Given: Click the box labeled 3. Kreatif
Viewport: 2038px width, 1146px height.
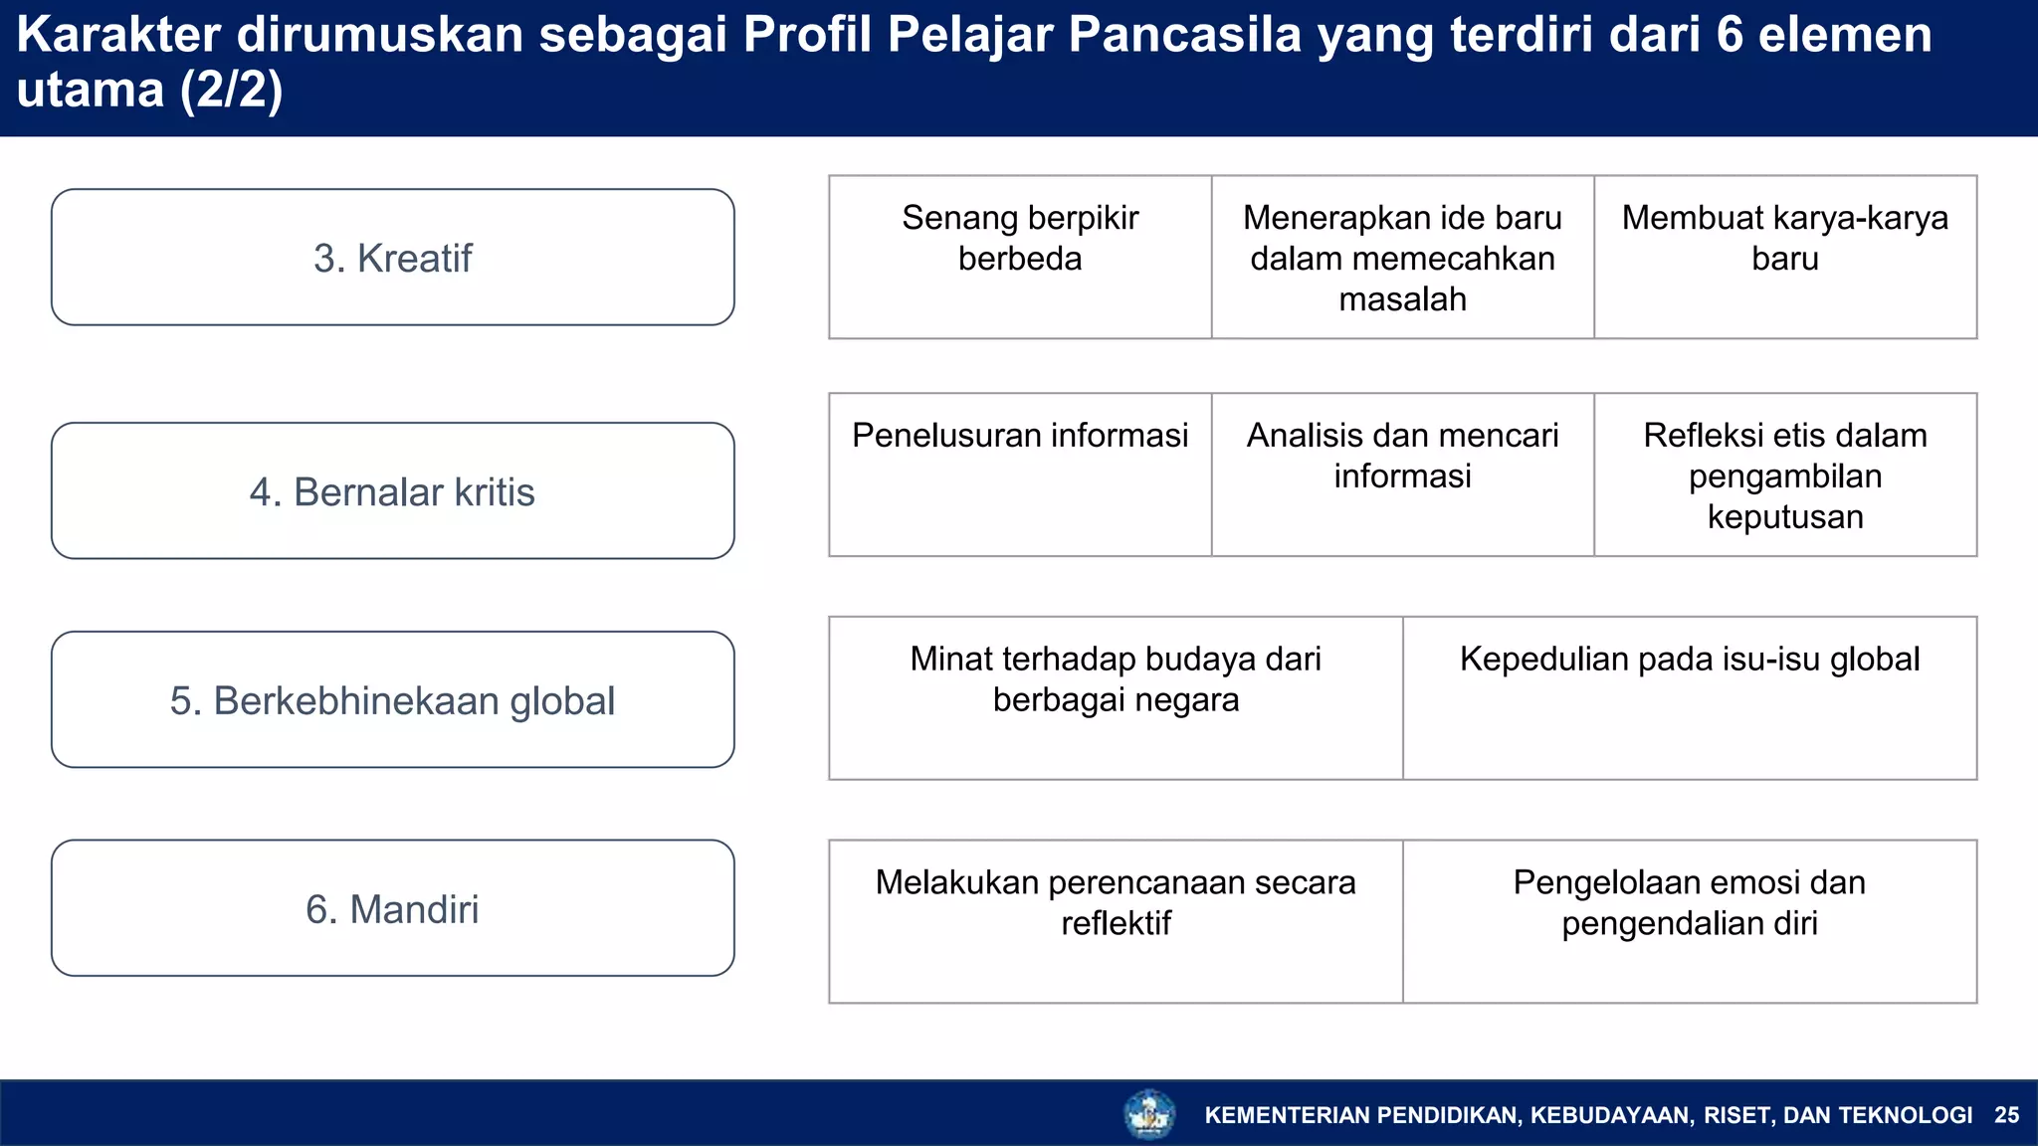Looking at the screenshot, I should [x=392, y=258].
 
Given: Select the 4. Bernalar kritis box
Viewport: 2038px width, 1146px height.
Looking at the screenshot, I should [x=392, y=491].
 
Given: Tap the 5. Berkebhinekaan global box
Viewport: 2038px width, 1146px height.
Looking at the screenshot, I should [x=392, y=699].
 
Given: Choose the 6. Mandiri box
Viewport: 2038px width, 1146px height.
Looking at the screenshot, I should [x=392, y=908].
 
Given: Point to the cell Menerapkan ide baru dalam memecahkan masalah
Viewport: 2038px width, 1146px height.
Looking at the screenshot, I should [x=1402, y=258].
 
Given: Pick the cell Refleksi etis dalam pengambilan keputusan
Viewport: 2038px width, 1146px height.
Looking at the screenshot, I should [x=1784, y=476].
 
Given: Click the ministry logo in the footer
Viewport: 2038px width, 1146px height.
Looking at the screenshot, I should [x=1149, y=1114].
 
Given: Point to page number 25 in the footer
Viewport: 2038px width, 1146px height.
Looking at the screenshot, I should [x=2006, y=1115].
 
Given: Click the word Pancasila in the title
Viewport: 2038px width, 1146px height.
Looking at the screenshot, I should [x=1184, y=35].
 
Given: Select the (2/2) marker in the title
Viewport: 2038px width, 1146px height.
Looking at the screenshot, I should [x=231, y=91].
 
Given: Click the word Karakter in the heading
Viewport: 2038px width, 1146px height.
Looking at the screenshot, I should [x=118, y=35].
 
